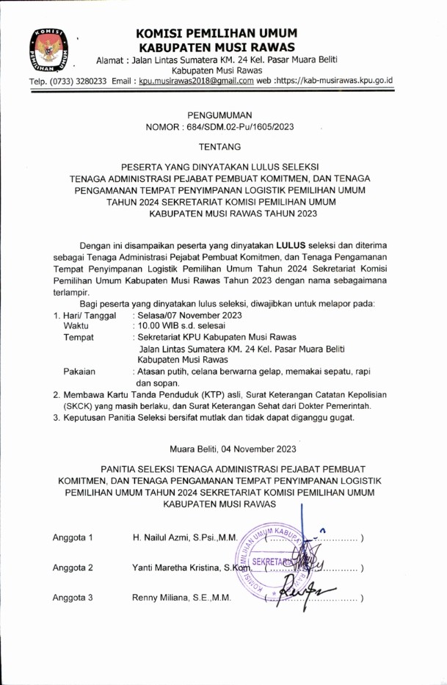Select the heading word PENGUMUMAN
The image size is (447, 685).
(219, 115)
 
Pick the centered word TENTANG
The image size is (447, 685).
(219, 148)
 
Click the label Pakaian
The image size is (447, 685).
(79, 372)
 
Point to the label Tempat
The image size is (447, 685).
(79, 337)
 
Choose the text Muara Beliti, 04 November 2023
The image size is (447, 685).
(233, 449)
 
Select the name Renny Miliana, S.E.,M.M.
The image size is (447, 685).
(181, 598)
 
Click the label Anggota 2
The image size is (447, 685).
(73, 568)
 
